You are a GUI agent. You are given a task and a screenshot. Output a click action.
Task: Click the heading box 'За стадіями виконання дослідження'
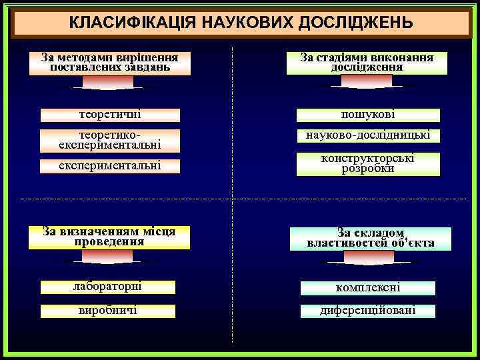pyautogui.click(x=367, y=63)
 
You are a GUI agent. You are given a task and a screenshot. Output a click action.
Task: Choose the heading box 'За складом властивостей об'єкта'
pyautogui.click(x=371, y=238)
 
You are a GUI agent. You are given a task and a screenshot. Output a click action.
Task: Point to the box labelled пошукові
pyautogui.click(x=368, y=115)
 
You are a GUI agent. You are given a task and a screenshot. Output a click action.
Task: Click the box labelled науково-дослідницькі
pyautogui.click(x=368, y=135)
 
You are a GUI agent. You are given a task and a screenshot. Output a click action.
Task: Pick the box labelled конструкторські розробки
pyautogui.click(x=368, y=164)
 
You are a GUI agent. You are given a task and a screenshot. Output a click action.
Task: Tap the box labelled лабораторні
pyautogui.click(x=108, y=287)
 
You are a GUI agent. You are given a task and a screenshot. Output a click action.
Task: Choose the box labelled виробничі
pyautogui.click(x=108, y=311)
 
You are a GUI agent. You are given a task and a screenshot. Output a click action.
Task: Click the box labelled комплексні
pyautogui.click(x=368, y=288)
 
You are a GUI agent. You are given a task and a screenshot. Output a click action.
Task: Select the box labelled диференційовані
pyautogui.click(x=368, y=311)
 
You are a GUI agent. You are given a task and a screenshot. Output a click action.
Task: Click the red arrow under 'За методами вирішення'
pyautogui.click(x=108, y=83)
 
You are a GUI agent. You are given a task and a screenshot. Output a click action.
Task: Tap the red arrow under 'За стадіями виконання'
pyautogui.click(x=367, y=82)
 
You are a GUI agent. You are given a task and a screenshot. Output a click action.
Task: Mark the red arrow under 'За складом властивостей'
pyautogui.click(x=368, y=258)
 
